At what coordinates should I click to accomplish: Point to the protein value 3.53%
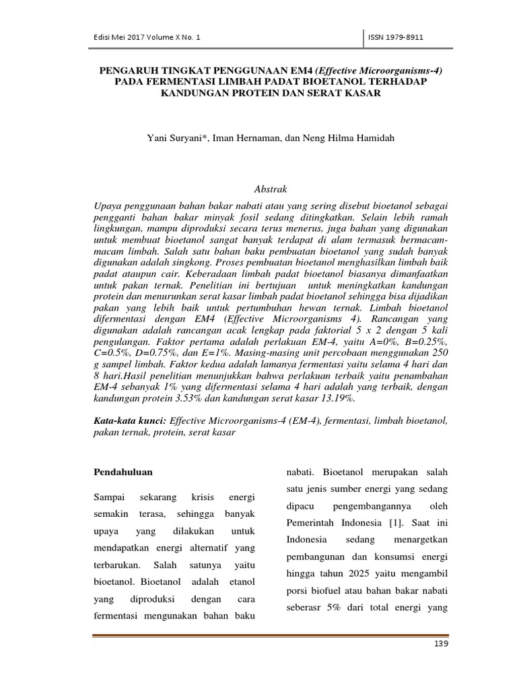(x=184, y=398)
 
